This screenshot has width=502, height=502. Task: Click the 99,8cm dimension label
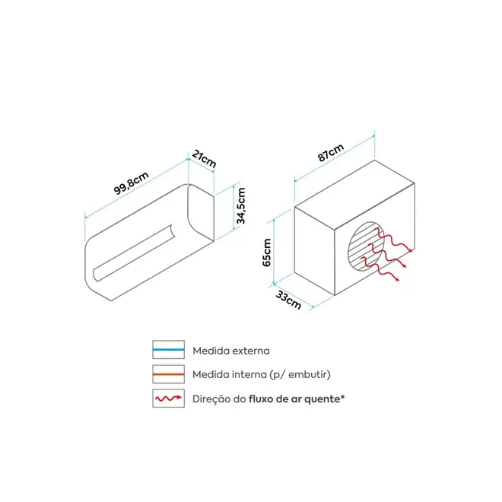[132, 183]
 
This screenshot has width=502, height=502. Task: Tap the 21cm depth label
[204, 159]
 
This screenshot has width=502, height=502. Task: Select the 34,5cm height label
[241, 206]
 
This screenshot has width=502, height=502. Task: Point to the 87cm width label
[331, 152]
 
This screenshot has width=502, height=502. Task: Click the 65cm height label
[266, 253]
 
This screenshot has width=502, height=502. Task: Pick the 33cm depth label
[288, 300]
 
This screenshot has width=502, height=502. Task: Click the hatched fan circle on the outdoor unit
[367, 246]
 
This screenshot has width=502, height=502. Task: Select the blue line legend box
[168, 350]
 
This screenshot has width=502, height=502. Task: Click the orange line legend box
[168, 374]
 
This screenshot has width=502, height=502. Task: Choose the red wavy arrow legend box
[168, 399]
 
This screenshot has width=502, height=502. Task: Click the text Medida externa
[231, 351]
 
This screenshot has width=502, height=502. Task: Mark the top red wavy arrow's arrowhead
[411, 250]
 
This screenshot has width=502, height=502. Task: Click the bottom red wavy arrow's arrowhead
[397, 279]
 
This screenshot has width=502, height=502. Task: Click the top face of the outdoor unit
[354, 195]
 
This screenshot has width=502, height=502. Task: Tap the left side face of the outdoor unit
[314, 251]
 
